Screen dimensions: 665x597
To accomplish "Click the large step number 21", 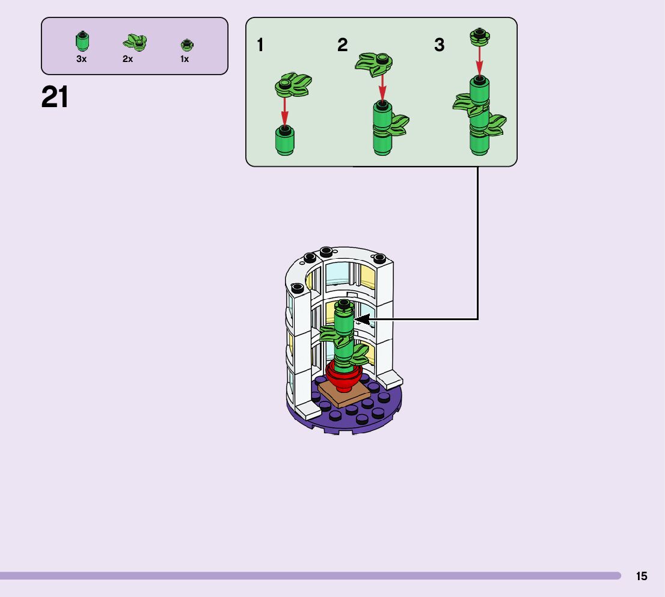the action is pos(55,97).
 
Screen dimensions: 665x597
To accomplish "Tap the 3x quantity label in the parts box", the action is pos(82,59).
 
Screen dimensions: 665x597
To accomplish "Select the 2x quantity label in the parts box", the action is pos(127,59).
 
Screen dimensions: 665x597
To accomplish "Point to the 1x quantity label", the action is pos(185,59).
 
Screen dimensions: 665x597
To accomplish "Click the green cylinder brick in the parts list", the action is pos(82,42).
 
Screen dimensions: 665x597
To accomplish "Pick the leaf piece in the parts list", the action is pos(135,42).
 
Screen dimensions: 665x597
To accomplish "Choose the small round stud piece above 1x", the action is pos(186,45).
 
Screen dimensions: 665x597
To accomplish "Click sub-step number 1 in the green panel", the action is pos(260,45).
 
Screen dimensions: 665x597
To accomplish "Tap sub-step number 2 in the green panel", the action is pos(343,45).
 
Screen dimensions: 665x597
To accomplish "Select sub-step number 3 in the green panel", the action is pos(440,45).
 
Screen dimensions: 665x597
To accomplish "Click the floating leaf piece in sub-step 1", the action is pos(293,84).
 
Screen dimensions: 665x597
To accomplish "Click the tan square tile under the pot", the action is pos(343,394).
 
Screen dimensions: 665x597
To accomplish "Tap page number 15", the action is pos(642,576).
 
